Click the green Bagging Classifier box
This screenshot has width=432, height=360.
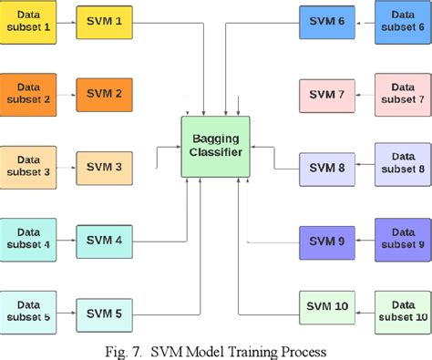pyautogui.click(x=217, y=146)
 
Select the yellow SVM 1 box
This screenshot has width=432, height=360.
pyautogui.click(x=104, y=19)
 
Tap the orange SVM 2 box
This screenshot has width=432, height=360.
pyautogui.click(x=104, y=93)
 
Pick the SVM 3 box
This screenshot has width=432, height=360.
pyautogui.click(x=104, y=167)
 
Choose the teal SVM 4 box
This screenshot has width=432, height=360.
pyautogui.click(x=104, y=241)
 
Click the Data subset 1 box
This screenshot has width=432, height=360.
pyautogui.click(x=28, y=19)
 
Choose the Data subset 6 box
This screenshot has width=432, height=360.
pyautogui.click(x=402, y=19)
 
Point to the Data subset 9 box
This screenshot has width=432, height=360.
pyautogui.click(x=402, y=241)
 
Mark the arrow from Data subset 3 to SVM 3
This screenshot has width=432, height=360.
pyautogui.click(x=66, y=167)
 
